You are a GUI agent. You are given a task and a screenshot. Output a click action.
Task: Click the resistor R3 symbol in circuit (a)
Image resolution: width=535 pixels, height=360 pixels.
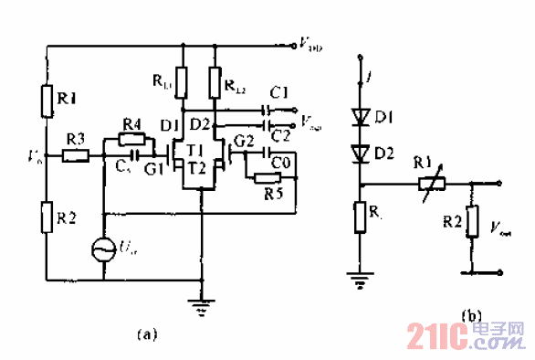[76, 156]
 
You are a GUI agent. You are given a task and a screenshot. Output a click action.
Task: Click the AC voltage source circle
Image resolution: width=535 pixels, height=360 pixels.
[102, 247]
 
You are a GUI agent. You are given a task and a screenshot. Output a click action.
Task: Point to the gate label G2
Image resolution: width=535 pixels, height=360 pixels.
[242, 139]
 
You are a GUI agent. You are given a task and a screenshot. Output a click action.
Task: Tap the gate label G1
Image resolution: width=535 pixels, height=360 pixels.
[154, 167]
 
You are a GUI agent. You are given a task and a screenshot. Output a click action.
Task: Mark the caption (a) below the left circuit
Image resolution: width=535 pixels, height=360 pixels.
[147, 334]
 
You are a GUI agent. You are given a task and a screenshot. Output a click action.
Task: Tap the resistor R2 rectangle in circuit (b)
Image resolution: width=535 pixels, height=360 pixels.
[472, 220]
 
